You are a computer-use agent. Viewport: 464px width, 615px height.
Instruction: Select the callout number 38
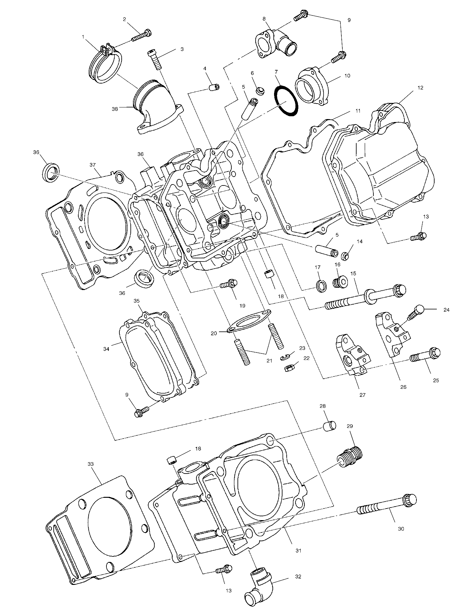115,109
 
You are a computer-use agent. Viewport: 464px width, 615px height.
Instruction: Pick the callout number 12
420,88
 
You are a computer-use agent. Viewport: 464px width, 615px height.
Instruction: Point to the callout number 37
93,165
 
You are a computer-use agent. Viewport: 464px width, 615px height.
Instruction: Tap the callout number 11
357,111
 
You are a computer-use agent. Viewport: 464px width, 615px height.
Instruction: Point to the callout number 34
106,349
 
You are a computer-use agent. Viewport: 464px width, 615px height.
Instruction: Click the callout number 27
362,395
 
